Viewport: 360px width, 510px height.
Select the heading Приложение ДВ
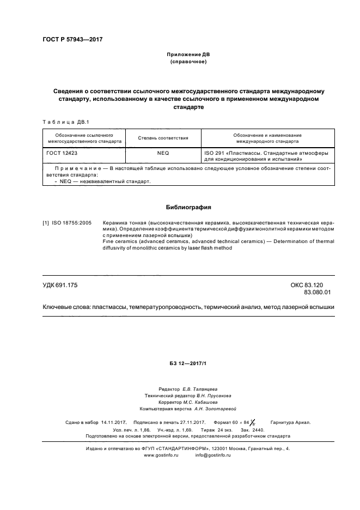188,56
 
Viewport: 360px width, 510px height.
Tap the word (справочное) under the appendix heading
188,63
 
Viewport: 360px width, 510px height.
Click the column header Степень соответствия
163,138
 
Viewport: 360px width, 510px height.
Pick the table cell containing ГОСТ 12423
62,154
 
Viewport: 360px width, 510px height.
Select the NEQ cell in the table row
163,154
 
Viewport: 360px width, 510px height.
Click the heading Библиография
188,208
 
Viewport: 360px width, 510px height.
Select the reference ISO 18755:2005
72,223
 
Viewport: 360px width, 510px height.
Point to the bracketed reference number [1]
46,223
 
